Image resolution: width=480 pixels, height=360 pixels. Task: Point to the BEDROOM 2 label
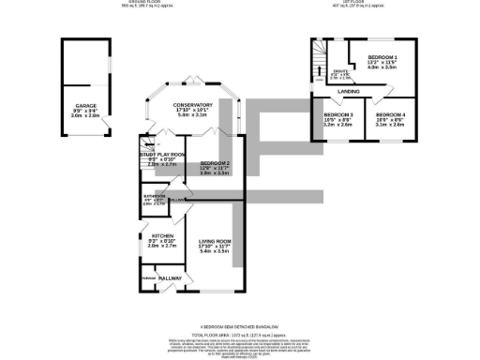[214, 162]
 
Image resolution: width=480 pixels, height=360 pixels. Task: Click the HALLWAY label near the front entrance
[170, 278]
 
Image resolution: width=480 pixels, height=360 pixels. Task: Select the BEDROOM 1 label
[380, 57]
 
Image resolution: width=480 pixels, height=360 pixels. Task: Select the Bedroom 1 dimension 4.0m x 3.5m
[380, 68]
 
